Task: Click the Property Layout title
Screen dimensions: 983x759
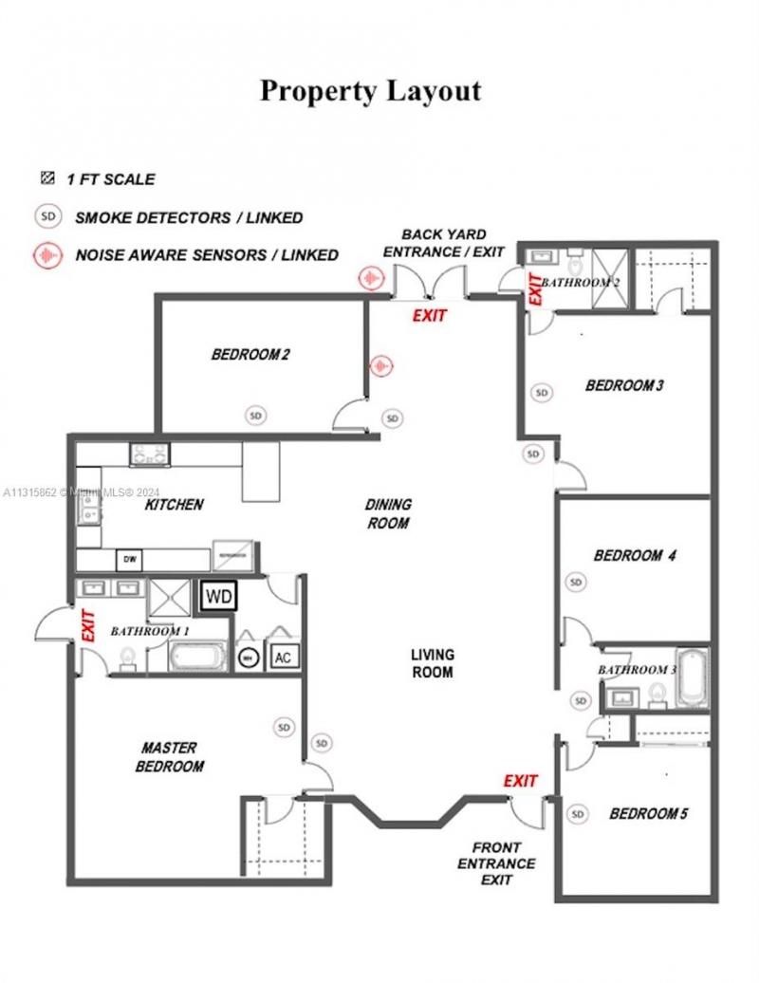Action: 371,91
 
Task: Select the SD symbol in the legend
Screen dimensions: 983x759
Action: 47,216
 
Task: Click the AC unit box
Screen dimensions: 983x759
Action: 282,656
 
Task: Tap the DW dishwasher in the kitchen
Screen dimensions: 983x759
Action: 129,560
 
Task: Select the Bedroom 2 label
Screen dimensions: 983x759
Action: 250,356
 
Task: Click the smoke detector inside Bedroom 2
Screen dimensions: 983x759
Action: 255,415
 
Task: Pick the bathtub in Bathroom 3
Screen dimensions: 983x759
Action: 691,677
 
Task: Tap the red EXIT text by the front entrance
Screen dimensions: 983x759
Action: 520,781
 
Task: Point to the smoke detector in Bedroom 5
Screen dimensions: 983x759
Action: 577,813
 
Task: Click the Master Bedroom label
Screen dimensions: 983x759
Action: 170,757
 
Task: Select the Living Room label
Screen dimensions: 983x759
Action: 433,663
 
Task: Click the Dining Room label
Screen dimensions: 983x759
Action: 387,513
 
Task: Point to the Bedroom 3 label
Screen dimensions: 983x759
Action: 624,385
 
